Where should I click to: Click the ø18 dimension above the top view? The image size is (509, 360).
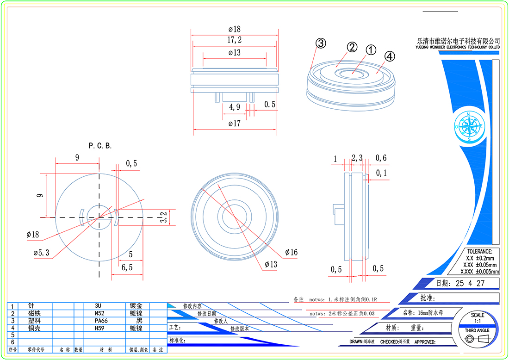pyautogui.click(x=235, y=29)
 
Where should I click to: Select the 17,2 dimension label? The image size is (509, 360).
pyautogui.click(x=235, y=40)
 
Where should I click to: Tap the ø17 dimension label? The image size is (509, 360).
pyautogui.click(x=235, y=124)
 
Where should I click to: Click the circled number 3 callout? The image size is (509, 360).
pyautogui.click(x=321, y=43)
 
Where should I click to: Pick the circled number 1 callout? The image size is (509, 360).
pyautogui.click(x=371, y=50)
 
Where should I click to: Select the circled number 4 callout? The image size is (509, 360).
pyautogui.click(x=390, y=56)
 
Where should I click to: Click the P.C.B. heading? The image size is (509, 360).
pyautogui.click(x=100, y=146)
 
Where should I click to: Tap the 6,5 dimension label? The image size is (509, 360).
pyautogui.click(x=127, y=267)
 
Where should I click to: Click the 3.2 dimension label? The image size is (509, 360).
pyautogui.click(x=163, y=217)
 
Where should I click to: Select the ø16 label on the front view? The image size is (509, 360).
pyautogui.click(x=291, y=252)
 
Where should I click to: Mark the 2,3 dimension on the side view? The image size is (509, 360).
pyautogui.click(x=357, y=158)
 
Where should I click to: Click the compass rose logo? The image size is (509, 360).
pyautogui.click(x=469, y=126)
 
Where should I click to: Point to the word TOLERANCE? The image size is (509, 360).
pyautogui.click(x=480, y=251)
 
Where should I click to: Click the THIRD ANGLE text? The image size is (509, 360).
pyautogui.click(x=477, y=330)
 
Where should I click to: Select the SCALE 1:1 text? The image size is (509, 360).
pyautogui.click(x=478, y=318)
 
